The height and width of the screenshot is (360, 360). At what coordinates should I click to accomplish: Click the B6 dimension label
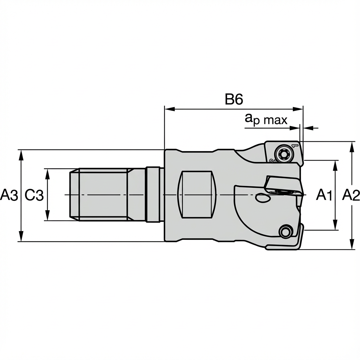point(234,99)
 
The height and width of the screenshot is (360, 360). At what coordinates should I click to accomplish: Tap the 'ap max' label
point(266,120)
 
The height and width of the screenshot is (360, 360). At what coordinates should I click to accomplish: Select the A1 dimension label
point(324,195)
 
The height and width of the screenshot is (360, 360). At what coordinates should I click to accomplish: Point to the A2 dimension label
point(351,195)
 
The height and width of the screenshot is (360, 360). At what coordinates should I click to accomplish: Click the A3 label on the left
point(9,195)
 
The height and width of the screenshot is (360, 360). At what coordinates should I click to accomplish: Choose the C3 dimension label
point(34,195)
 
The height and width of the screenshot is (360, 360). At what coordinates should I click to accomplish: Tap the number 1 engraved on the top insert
point(295,145)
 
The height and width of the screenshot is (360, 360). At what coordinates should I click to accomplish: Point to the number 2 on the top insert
point(271,161)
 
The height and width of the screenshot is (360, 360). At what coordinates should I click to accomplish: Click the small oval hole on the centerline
point(263,198)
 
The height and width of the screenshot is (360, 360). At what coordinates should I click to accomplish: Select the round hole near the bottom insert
point(285,231)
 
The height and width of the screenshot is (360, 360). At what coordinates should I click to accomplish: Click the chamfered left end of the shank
point(74,194)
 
